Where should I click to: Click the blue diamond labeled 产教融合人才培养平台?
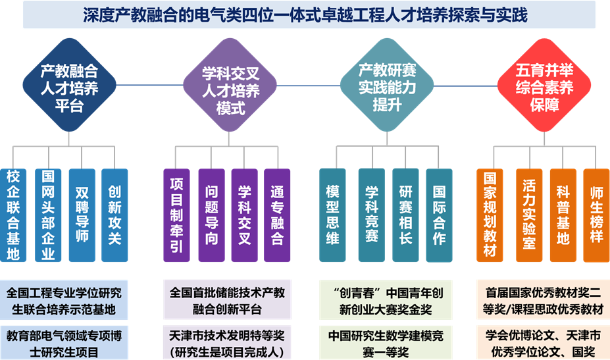tap(70, 86)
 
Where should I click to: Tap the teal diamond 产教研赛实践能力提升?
tap(387, 86)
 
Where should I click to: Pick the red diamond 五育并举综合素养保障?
tap(544, 86)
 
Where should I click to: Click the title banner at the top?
tap(305, 15)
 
